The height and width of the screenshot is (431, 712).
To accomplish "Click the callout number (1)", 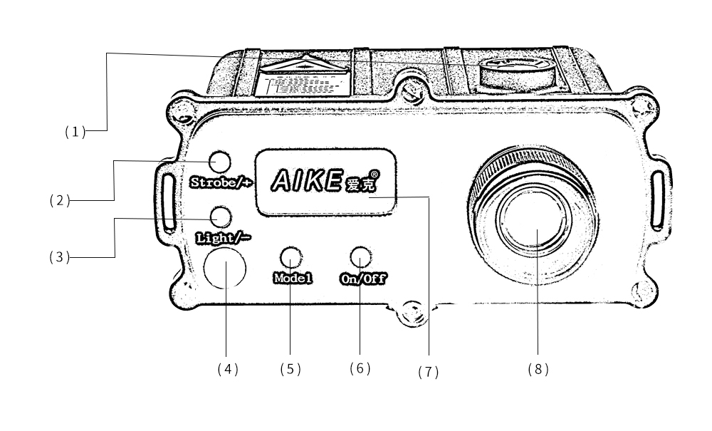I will pos(75,132).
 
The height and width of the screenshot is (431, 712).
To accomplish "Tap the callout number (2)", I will pos(60,201).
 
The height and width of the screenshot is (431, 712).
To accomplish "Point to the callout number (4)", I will pos(227,369).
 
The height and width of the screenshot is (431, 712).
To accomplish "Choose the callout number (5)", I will pos(290,369).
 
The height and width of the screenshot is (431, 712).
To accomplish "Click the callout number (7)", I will pos(428,372).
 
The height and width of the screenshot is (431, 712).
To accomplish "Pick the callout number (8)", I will pos(538,369).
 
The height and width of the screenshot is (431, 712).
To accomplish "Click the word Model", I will pos(292,278).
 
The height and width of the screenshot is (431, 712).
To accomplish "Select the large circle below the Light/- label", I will pos(225,269).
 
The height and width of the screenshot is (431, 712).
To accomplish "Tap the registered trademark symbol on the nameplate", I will pos(375,173).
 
